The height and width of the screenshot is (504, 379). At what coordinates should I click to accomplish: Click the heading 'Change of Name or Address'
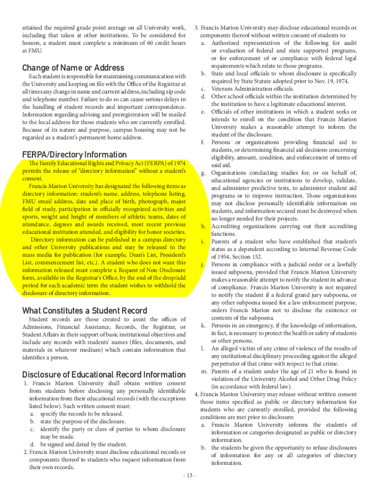pyautogui.click(x=73, y=68)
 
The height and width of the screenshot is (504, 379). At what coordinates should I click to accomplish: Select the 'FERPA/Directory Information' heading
pyautogui.click(x=74, y=155)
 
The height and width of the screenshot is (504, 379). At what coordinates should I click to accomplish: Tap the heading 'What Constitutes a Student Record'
pyautogui.click(x=85, y=311)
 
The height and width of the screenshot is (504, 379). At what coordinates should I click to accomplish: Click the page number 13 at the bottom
pyautogui.click(x=189, y=476)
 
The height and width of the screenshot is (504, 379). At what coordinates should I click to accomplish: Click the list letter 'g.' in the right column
pyautogui.click(x=203, y=173)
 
